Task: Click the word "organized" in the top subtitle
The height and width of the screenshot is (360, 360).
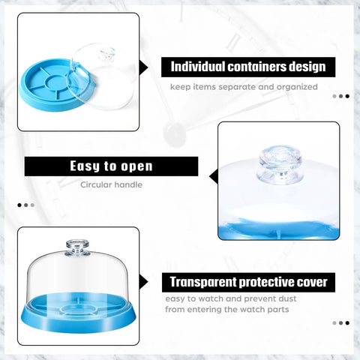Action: click(x=297, y=87)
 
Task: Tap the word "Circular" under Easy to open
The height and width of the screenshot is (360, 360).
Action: click(x=96, y=184)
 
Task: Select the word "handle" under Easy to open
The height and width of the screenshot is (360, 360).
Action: click(x=128, y=184)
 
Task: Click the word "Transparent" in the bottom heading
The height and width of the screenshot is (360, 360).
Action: click(x=203, y=282)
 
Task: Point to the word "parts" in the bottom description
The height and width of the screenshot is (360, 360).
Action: click(x=278, y=310)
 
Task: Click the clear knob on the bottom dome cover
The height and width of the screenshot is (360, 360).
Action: click(x=78, y=247)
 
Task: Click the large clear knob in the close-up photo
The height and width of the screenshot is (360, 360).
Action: click(x=280, y=165)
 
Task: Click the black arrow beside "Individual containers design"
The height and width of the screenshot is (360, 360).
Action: click(x=143, y=67)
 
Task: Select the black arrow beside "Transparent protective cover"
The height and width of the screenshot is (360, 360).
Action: click(x=143, y=282)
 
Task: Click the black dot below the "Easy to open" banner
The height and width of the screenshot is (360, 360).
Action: click(x=19, y=205)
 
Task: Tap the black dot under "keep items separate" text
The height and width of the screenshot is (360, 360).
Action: click(x=347, y=96)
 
